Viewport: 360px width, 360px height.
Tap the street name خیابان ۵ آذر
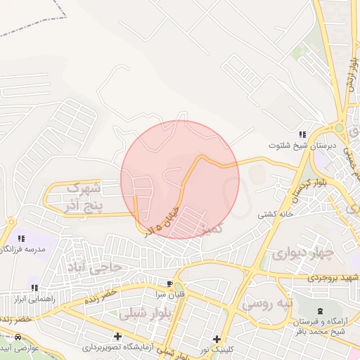164,219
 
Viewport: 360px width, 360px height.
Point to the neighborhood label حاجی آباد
91,266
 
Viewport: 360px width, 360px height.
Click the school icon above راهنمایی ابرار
34,288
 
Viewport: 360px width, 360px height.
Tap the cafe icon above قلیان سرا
169,284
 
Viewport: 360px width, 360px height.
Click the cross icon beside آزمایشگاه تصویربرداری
117,336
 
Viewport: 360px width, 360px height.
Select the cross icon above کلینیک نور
217,339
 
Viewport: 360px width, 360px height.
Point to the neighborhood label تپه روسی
266,304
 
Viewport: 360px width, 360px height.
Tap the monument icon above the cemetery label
321,311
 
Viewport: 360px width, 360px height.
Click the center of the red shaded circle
180,179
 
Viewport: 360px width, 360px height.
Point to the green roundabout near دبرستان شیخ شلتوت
340,129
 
